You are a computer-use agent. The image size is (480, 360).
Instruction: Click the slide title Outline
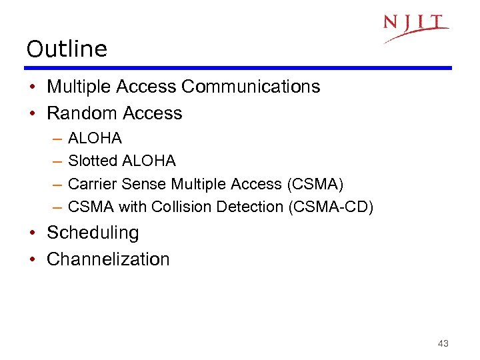pos(67,49)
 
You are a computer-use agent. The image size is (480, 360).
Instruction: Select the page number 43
pos(443,343)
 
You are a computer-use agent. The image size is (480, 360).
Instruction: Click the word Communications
pos(251,87)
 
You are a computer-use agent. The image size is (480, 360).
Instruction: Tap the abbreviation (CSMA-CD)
pos(331,207)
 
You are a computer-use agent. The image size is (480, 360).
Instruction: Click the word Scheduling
pos(93,233)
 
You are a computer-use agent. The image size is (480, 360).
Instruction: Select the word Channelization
pos(108,259)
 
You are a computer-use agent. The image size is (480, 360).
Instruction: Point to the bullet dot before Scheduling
pos(33,233)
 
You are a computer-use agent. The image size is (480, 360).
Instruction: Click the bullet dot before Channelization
pos(33,259)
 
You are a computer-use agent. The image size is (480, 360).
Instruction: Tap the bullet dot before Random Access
pos(33,114)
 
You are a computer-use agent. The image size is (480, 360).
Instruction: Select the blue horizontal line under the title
pos(238,68)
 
